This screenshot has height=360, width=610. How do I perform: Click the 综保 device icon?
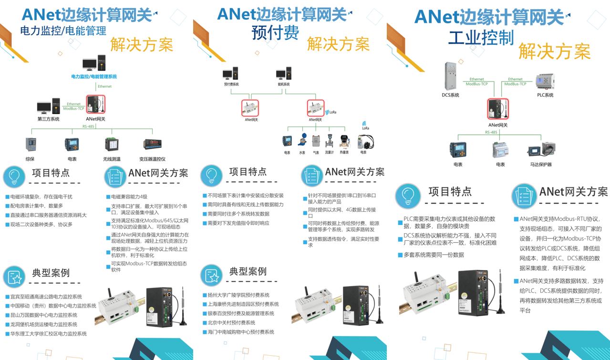coord(31,144)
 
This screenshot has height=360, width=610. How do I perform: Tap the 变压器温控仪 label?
coord(152,159)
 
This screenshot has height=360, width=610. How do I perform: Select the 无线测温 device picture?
coord(112,144)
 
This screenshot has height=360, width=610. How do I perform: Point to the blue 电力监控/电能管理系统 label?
coord(94,76)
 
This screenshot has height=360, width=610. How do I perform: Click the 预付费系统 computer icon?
coord(231,74)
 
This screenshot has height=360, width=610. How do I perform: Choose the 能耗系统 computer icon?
coord(284,74)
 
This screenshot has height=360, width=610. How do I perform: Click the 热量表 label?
coord(344,153)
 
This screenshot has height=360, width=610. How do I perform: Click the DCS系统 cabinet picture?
coord(450,76)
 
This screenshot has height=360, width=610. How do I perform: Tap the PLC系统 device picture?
coord(545,82)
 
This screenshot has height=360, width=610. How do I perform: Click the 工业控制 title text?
coord(481,38)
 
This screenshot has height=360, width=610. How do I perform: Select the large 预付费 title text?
coord(275,32)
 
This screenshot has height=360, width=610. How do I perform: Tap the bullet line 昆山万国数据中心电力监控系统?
coord(44,315)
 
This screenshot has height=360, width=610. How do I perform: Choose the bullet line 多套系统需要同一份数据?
coord(434,255)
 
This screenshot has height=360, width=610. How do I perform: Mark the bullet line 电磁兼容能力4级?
coord(129,197)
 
